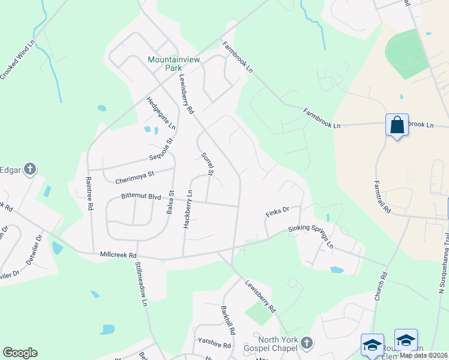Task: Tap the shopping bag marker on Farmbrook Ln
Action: coord(397,125)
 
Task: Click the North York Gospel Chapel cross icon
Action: coord(306,343)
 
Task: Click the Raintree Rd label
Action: coord(89,193)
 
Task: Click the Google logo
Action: coord(20,353)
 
